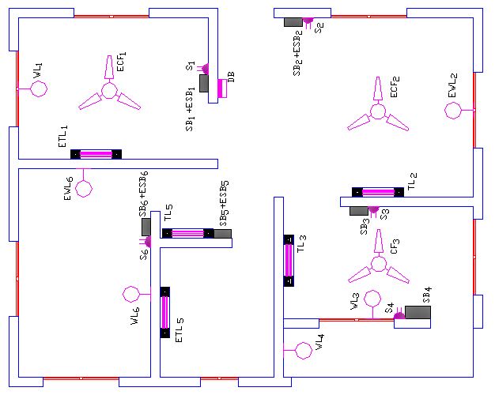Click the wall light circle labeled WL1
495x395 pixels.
[x=39, y=88]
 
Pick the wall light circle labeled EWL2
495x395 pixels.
[x=453, y=110]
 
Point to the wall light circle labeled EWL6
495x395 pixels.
[x=83, y=189]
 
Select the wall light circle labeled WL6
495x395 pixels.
[x=131, y=295]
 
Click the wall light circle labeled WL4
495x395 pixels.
[x=301, y=348]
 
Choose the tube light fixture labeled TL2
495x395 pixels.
[x=377, y=192]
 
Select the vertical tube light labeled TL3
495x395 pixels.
[x=289, y=260]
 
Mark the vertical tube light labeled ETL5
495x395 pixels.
[x=164, y=312]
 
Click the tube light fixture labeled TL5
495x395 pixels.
[x=187, y=233]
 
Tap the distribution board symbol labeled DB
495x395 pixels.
[x=222, y=88]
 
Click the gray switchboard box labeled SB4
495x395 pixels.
[x=418, y=312]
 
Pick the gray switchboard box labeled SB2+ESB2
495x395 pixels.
[x=293, y=21]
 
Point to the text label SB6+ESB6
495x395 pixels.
[x=144, y=193]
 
